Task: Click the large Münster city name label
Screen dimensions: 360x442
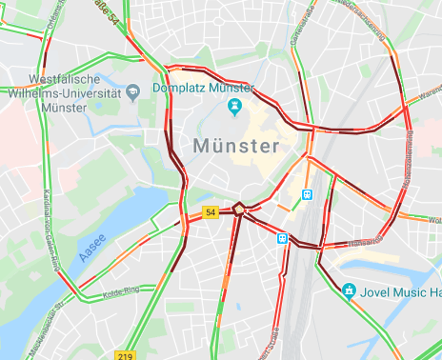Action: tap(236, 146)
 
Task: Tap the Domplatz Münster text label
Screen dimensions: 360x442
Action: tap(203, 88)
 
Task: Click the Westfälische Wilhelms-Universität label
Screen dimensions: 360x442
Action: tap(65, 93)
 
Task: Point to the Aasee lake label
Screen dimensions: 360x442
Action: tap(92, 248)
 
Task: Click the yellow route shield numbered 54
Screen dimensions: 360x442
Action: tap(210, 212)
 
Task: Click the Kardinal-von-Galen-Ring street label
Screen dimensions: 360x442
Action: tap(51, 231)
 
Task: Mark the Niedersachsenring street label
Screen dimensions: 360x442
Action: tap(363, 20)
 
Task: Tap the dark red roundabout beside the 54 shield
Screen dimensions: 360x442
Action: tap(239, 209)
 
